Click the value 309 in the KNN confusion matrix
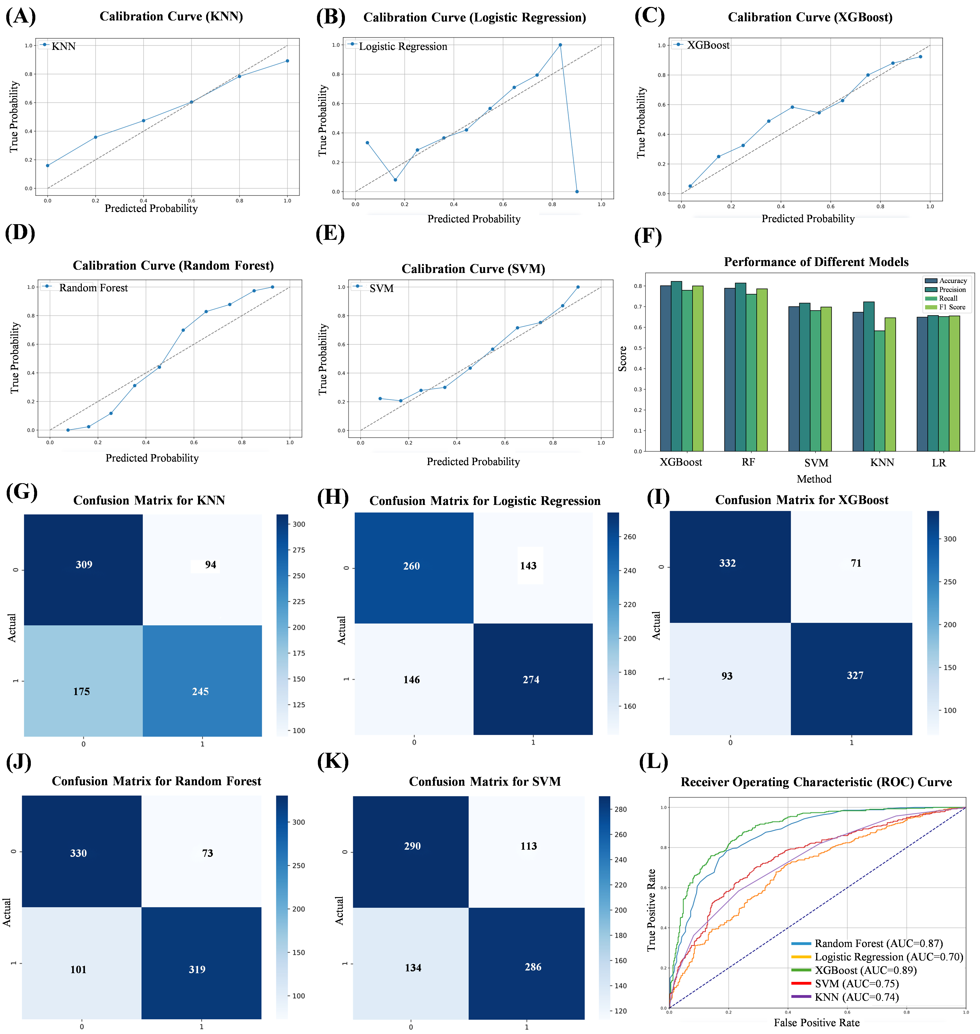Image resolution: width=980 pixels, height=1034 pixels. pos(84,565)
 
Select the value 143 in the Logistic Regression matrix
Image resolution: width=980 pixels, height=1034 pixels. pos(528,566)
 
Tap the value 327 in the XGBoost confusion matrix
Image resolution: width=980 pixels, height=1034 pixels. pos(855,675)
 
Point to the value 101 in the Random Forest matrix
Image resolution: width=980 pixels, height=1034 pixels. pos(78,970)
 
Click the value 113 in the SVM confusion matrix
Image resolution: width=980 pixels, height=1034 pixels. pos(529,846)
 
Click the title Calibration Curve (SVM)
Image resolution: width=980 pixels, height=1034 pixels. pos(473,269)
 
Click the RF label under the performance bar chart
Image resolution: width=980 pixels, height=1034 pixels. pos(748,462)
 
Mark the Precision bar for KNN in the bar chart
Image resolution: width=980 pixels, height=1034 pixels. pos(869,376)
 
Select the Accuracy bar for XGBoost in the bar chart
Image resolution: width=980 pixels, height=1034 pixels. pos(665,368)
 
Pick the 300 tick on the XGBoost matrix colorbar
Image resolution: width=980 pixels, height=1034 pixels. pos(950,539)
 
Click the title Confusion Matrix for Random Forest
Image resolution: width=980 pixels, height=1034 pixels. pos(156,781)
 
